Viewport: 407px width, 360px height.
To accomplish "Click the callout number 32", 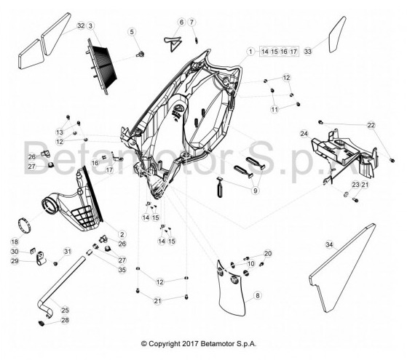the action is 81,25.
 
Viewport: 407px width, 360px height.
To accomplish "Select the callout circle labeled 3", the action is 90,25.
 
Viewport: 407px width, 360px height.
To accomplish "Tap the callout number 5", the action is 132,32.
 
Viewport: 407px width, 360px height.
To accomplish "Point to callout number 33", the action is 307,52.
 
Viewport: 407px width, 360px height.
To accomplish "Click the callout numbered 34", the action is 329,244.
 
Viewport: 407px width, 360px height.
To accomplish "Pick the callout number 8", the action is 257,295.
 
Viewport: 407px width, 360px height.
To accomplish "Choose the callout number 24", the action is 304,134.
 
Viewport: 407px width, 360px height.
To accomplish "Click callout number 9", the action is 255,191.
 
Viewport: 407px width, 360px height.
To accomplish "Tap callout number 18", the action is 15,241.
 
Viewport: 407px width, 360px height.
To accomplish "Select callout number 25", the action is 65,311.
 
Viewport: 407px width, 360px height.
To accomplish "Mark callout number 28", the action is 65,320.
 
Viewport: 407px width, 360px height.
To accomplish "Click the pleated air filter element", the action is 102,67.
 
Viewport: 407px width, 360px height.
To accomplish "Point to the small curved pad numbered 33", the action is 336,35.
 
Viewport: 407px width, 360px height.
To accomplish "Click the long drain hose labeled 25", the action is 60,285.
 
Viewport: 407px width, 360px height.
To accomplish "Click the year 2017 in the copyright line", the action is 191,344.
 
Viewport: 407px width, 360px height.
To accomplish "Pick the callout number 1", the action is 250,52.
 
